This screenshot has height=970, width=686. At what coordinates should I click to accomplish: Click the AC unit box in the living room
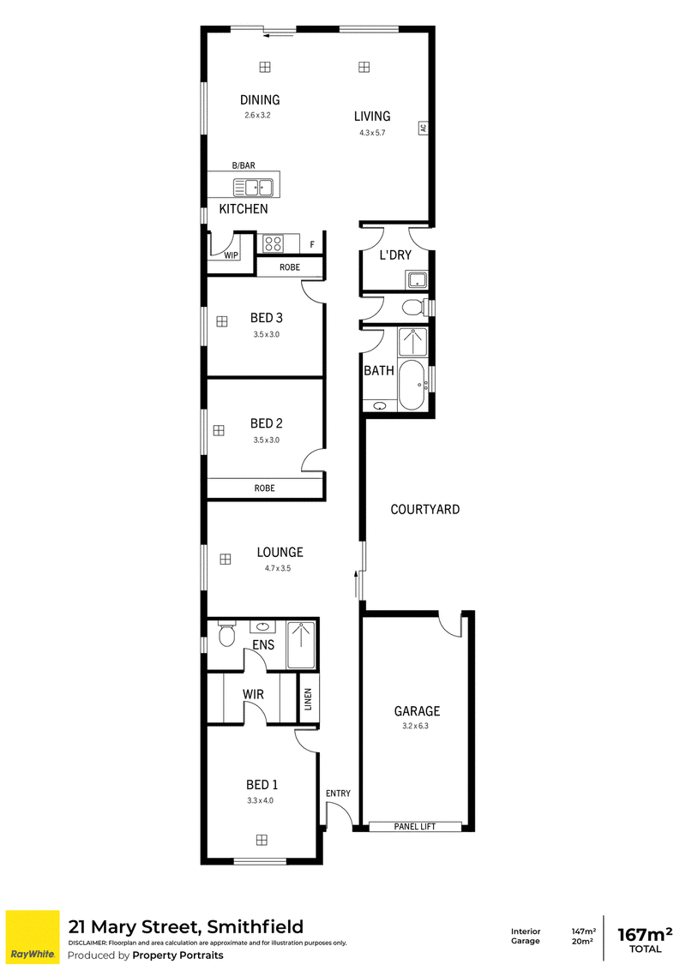(x=423, y=128)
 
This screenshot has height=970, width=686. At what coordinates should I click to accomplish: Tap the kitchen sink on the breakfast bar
(x=253, y=187)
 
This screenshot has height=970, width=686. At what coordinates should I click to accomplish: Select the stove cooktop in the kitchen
(x=273, y=243)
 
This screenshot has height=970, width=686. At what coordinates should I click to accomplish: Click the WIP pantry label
(x=231, y=255)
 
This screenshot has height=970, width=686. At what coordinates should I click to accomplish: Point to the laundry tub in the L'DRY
(x=418, y=280)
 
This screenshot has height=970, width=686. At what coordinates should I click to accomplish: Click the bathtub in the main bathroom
(x=411, y=385)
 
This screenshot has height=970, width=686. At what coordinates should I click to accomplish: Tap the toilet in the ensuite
(x=227, y=634)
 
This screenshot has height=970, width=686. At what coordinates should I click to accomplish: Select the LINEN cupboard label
(x=309, y=699)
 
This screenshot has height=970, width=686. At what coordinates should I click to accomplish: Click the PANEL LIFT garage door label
(x=415, y=827)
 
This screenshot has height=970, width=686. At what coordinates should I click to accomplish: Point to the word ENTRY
(x=338, y=793)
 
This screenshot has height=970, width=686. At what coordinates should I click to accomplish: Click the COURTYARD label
(x=424, y=509)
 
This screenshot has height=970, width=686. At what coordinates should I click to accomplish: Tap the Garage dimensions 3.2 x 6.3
(x=415, y=726)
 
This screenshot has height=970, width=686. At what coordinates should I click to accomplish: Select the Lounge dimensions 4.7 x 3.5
(x=277, y=568)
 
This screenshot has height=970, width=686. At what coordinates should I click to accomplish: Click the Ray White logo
(x=33, y=937)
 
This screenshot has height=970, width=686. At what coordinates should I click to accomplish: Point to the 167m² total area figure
(x=645, y=933)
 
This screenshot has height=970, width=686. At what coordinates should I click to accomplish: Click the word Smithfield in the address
(x=255, y=926)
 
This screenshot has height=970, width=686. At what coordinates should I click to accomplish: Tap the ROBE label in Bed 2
(x=264, y=488)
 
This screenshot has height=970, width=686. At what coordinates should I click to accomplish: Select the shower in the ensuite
(x=301, y=645)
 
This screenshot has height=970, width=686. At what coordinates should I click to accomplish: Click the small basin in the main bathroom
(x=380, y=406)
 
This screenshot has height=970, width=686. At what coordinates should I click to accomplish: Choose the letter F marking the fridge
(x=312, y=245)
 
